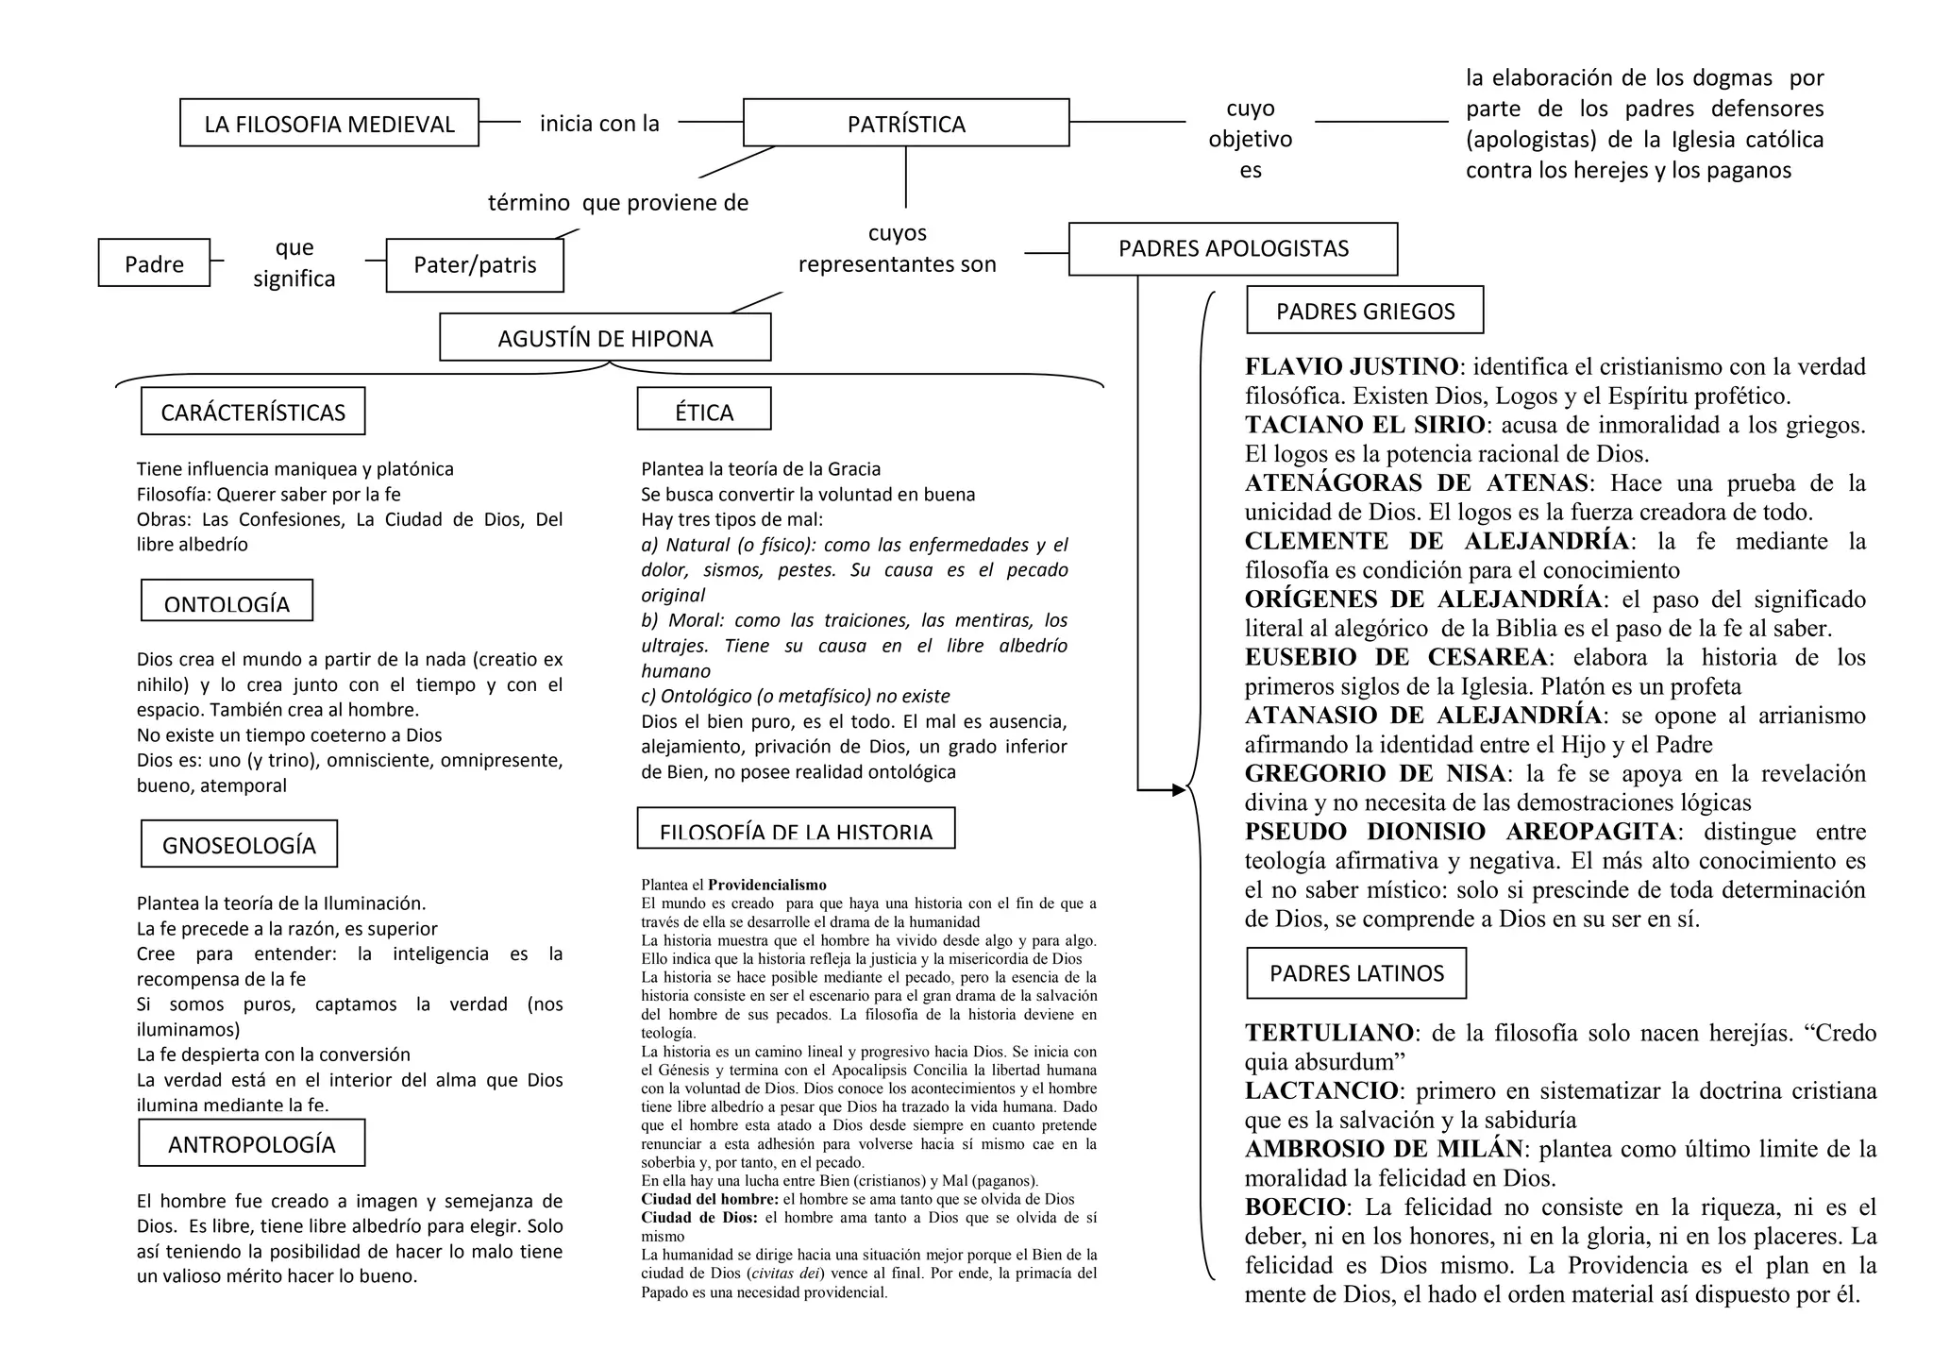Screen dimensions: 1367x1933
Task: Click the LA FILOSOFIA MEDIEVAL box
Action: click(x=329, y=123)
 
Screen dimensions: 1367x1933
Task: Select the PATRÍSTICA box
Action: click(x=906, y=123)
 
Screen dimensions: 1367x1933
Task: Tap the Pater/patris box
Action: click(x=475, y=264)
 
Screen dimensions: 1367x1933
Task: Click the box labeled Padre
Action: click(x=154, y=263)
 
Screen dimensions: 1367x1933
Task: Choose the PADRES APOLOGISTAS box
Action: click(x=1233, y=248)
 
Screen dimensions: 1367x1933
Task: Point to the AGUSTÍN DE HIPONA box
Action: click(x=605, y=338)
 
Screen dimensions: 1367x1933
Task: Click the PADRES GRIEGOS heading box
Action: click(x=1365, y=311)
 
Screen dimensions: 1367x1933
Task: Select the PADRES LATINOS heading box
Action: click(x=1356, y=973)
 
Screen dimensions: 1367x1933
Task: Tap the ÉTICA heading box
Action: click(x=704, y=410)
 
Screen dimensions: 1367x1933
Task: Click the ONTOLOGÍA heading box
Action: click(x=227, y=601)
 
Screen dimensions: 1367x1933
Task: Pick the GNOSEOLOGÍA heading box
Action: click(x=239, y=844)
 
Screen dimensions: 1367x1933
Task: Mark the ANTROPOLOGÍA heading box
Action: click(x=251, y=1143)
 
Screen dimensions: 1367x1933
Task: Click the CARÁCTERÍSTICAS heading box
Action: click(x=253, y=412)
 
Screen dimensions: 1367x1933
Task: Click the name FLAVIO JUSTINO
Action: click(x=1352, y=366)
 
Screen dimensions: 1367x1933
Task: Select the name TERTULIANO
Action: click(x=1329, y=1033)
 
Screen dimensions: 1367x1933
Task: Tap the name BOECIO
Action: click(x=1295, y=1207)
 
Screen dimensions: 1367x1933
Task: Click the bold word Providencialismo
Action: click(x=767, y=885)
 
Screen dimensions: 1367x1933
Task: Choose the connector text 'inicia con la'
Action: click(x=599, y=123)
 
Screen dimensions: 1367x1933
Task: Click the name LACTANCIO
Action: click(x=1321, y=1090)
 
